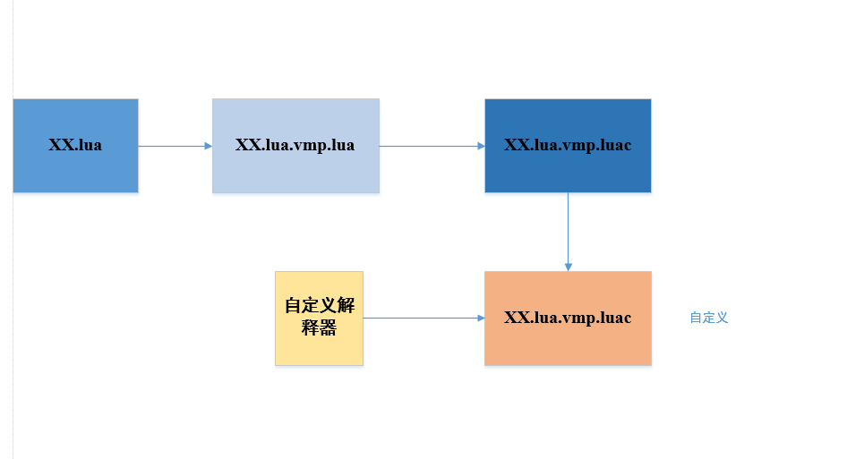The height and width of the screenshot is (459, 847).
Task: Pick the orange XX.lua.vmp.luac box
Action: pos(568,344)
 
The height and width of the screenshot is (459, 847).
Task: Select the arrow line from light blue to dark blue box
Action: pos(430,146)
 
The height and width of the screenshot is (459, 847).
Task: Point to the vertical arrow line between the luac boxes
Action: pos(568,228)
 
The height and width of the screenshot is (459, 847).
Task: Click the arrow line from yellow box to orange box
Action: pos(421,318)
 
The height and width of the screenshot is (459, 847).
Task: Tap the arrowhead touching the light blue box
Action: pos(207,146)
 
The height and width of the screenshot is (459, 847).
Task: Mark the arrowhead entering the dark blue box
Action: pos(480,146)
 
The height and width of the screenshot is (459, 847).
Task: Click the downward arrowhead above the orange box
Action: pos(568,266)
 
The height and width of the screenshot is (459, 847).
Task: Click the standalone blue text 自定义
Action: pos(708,318)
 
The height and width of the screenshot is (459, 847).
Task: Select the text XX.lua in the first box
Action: pos(75,145)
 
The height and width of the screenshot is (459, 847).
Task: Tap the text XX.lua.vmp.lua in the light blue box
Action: pos(295,145)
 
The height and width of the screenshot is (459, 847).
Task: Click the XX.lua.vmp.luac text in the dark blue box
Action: pos(568,145)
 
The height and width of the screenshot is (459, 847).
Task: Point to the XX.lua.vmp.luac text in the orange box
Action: pos(568,318)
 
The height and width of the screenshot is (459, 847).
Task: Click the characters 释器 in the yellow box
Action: pos(319,328)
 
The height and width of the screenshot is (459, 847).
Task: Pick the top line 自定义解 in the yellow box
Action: pos(319,306)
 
